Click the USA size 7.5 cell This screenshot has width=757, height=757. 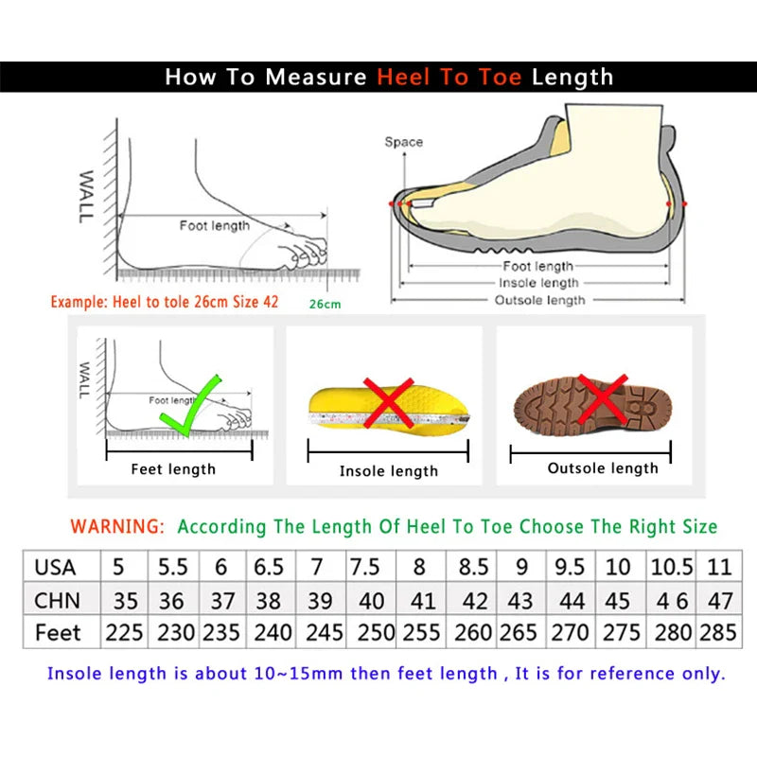pyautogui.click(x=366, y=568)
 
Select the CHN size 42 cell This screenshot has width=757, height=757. pyautogui.click(x=474, y=600)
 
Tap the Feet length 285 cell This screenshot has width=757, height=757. pyautogui.click(x=718, y=632)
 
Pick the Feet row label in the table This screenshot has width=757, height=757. pyautogui.click(x=58, y=632)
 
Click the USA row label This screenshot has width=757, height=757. pyautogui.click(x=55, y=568)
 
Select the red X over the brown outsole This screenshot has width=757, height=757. pyautogui.click(x=603, y=397)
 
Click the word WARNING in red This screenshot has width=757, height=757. pyautogui.click(x=118, y=526)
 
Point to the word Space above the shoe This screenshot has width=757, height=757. pyautogui.click(x=403, y=142)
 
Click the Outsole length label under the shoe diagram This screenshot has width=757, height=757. pyautogui.click(x=540, y=300)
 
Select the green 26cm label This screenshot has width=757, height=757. pyautogui.click(x=325, y=304)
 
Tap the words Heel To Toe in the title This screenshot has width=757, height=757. pyautogui.click(x=449, y=78)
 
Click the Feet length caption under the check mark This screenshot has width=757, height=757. pyautogui.click(x=173, y=468)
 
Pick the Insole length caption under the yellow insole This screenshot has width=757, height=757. pyautogui.click(x=389, y=470)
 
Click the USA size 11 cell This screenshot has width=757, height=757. pyautogui.click(x=719, y=568)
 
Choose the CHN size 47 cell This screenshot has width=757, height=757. pyautogui.click(x=719, y=600)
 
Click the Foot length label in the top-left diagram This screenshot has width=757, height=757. pyautogui.click(x=215, y=225)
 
